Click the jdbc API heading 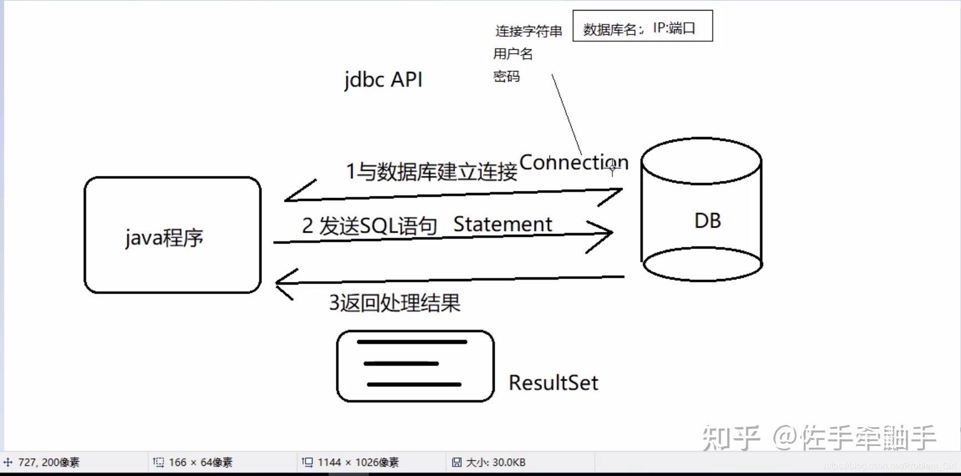point(383,79)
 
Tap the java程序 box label point(164,237)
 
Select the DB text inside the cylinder point(707,221)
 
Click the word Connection point(573,163)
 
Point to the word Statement point(502,224)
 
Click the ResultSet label point(553,383)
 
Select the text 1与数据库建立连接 point(431,171)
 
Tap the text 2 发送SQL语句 point(369,226)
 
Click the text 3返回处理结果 point(395,303)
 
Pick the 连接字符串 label point(529,31)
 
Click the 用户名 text point(513,54)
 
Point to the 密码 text point(506,77)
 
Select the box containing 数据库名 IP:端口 point(642,26)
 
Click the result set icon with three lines point(415,366)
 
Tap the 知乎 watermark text point(731,438)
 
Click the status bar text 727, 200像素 point(48,462)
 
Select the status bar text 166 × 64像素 point(200,462)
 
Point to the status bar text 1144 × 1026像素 point(358,462)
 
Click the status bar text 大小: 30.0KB point(495,462)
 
